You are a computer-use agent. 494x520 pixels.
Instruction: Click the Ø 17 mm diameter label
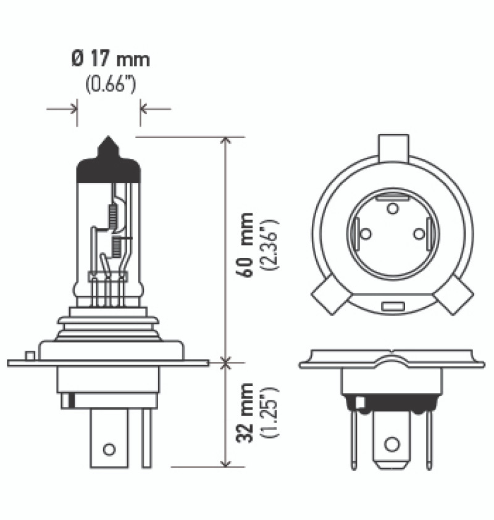[x=110, y=60]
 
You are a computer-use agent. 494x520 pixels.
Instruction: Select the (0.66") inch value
[x=111, y=85]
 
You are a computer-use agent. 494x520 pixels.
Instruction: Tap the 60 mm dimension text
[x=246, y=244]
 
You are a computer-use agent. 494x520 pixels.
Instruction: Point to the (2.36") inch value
[x=270, y=245]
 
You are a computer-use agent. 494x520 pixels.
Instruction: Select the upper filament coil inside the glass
[x=113, y=215]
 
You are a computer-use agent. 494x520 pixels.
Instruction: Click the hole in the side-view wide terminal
[x=109, y=448]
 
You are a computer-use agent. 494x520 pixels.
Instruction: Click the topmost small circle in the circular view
[x=393, y=208]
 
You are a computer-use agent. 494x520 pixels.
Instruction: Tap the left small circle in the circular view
[x=366, y=234]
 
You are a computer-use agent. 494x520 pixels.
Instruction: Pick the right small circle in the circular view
[x=419, y=234]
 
